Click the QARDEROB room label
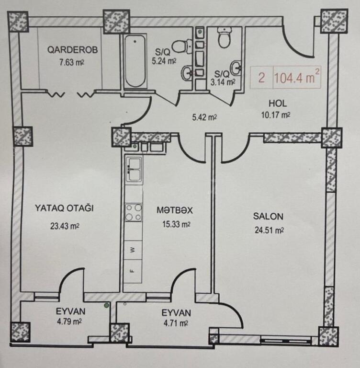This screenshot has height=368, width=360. [72, 50]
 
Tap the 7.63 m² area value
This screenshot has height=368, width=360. [71, 63]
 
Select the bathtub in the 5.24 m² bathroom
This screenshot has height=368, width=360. [135, 61]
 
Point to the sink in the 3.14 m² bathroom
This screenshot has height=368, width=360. [236, 69]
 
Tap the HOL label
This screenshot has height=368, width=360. [278, 103]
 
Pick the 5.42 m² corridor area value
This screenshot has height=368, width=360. [204, 117]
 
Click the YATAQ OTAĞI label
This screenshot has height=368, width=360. [64, 208]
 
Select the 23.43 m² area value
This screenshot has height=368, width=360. [65, 226]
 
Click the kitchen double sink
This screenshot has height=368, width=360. [134, 169]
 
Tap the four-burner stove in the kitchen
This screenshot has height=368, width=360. [134, 212]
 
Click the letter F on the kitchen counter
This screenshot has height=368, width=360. [132, 270]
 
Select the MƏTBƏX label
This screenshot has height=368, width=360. [175, 210]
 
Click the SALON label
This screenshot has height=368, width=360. [268, 216]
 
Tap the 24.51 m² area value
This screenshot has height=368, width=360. [269, 230]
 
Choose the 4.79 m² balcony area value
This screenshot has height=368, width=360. [69, 322]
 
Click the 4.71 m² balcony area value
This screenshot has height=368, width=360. [176, 323]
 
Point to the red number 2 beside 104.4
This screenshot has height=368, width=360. [261, 78]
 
